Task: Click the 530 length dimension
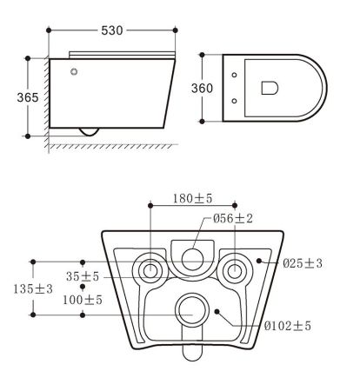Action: (x=112, y=30)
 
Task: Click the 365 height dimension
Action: (x=28, y=97)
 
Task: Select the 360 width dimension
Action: (x=202, y=88)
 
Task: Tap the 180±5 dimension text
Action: (x=193, y=198)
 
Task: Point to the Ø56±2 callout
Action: (x=233, y=218)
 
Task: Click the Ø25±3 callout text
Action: (x=303, y=263)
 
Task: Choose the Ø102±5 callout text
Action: (x=288, y=326)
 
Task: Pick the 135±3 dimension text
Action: (x=33, y=288)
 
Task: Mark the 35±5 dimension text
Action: (x=83, y=276)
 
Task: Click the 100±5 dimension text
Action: (x=83, y=300)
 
